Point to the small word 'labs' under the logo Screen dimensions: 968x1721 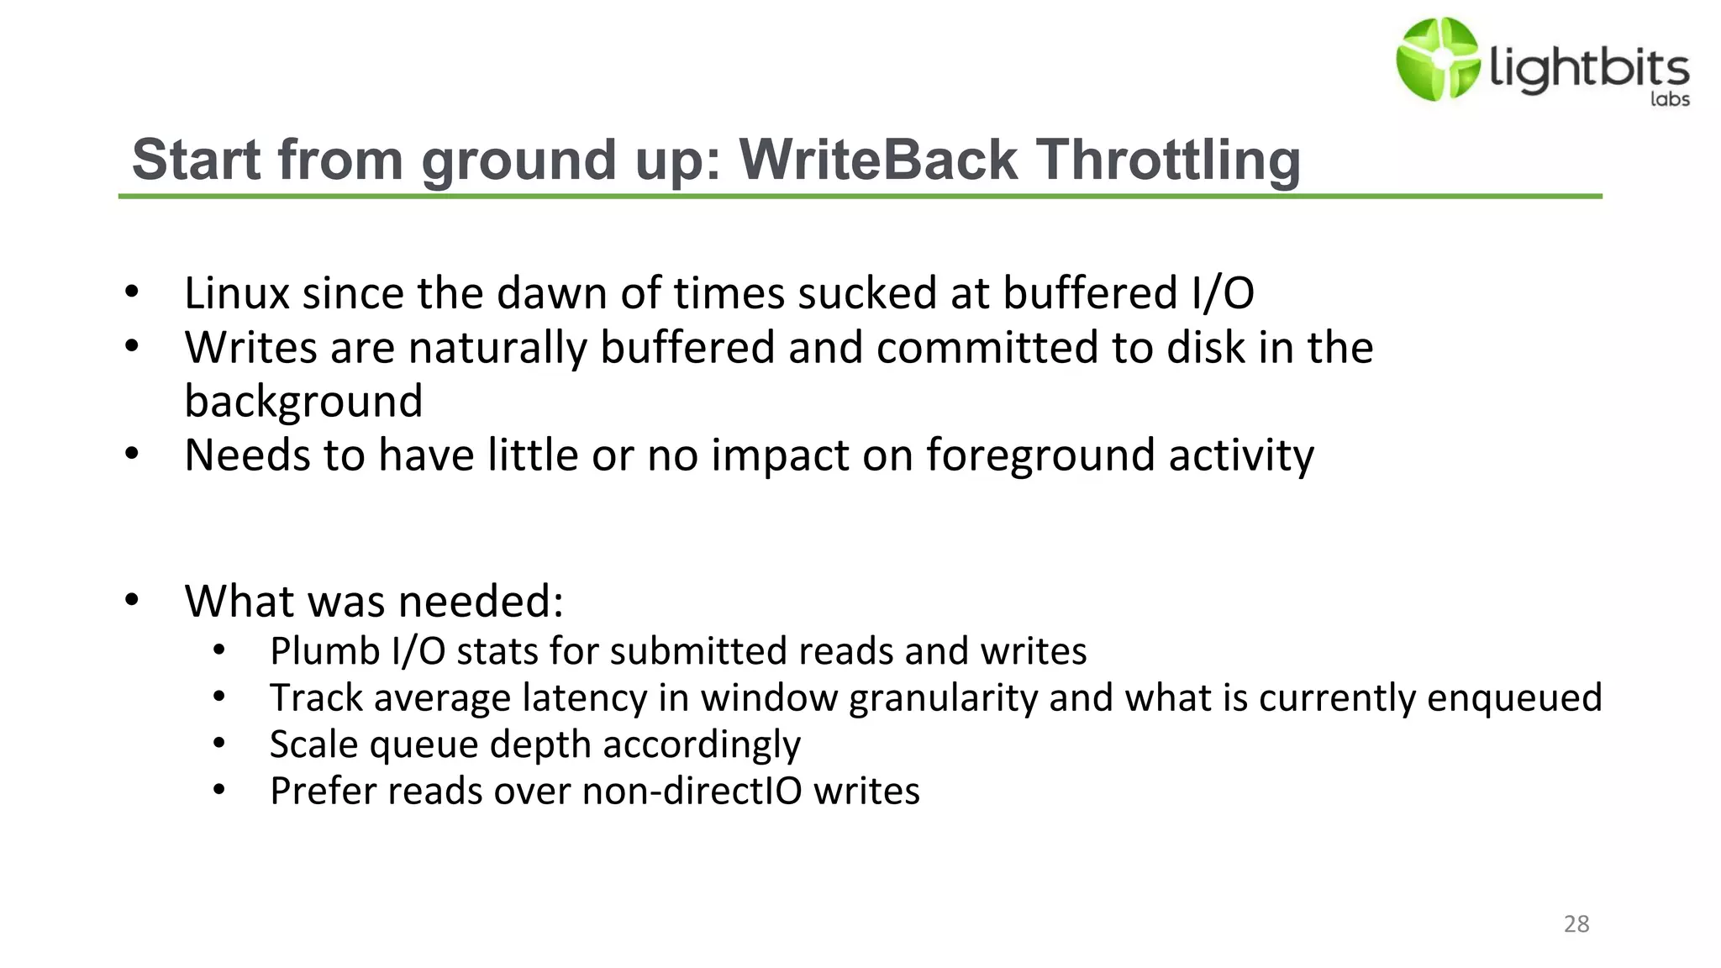tap(1670, 99)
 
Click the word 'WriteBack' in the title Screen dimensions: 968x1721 tap(878, 160)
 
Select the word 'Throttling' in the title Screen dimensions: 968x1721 tap(1168, 160)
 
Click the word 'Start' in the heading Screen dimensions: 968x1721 tap(196, 160)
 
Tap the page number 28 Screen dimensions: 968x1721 tap(1576, 924)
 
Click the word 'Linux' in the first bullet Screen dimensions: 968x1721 tap(237, 293)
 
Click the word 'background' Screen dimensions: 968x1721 tap(303, 402)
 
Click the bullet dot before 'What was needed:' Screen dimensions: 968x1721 tap(132, 600)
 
